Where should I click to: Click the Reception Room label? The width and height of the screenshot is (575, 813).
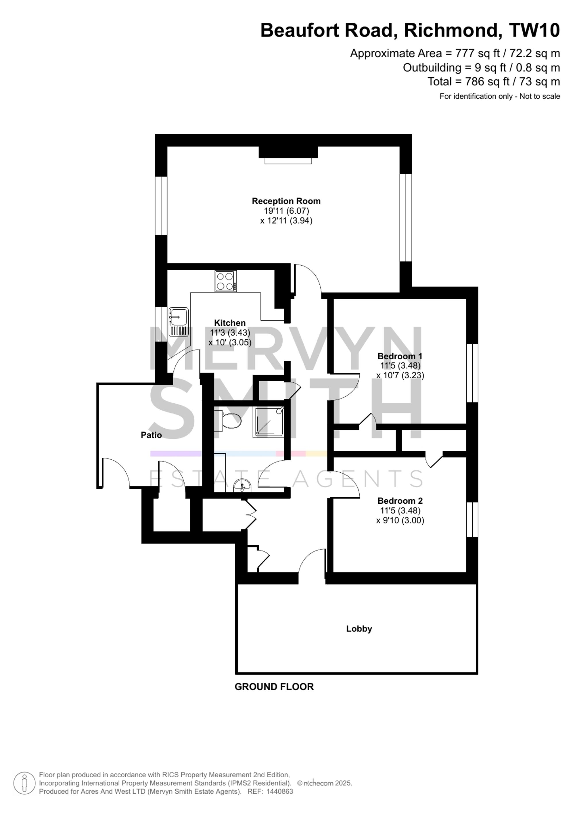pos(286,201)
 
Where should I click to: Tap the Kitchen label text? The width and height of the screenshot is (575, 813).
pos(230,323)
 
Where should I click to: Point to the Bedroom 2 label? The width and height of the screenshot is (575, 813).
pos(400,501)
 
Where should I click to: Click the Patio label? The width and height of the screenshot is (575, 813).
pos(151,435)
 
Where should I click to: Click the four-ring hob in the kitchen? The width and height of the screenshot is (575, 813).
pos(225,281)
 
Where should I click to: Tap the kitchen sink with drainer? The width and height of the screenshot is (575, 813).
pos(179,322)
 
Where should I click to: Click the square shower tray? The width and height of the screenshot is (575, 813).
pos(269,421)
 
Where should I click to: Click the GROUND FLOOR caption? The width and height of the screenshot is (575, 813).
pos(274,687)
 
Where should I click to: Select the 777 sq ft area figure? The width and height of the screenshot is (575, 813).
pos(478,53)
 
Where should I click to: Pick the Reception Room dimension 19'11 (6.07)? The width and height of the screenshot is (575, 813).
pos(286,211)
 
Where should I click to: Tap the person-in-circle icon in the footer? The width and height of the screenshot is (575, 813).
pos(24,783)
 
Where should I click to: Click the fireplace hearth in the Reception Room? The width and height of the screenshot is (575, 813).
pos(288,161)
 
